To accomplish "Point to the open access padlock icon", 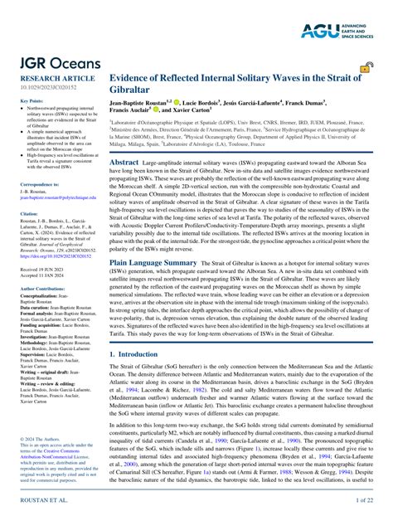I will click(363, 69).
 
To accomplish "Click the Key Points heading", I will click(30, 101).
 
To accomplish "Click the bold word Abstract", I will click(124, 163).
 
